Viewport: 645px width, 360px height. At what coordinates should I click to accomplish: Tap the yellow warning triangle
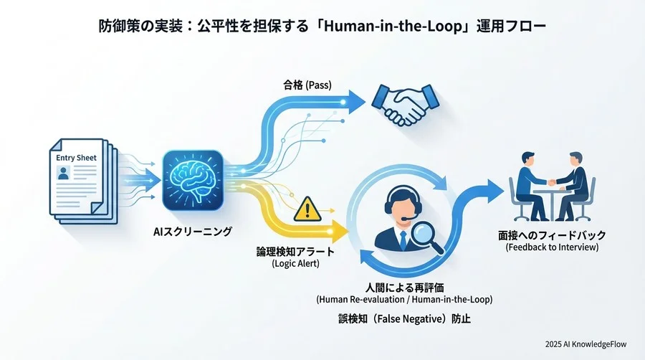click(307, 209)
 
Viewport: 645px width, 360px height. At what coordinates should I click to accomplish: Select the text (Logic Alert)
click(294, 263)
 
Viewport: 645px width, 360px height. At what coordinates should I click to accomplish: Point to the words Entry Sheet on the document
click(75, 157)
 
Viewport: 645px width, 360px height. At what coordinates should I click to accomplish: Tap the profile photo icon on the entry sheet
click(64, 173)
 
